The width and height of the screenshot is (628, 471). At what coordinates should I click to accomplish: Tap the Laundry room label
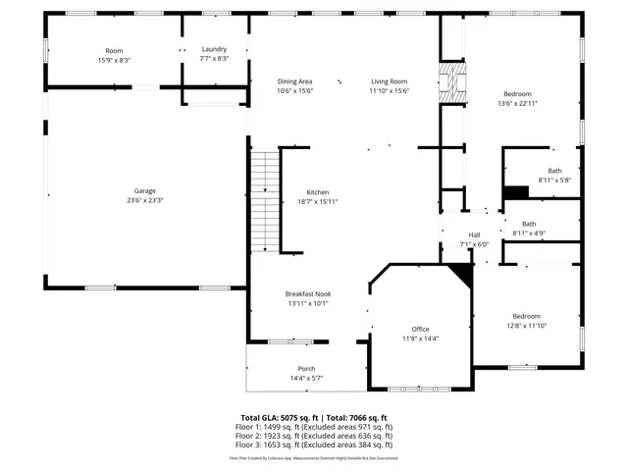click(214, 50)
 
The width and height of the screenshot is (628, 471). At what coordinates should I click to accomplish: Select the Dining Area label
click(294, 81)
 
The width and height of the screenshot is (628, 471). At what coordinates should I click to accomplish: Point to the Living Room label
click(389, 81)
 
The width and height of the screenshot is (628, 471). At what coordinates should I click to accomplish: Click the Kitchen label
click(317, 192)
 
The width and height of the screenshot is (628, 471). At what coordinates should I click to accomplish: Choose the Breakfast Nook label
click(307, 293)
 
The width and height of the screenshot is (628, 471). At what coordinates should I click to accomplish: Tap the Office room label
click(420, 329)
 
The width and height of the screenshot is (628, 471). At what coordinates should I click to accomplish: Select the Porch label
click(307, 369)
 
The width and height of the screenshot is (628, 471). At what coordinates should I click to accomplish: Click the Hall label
click(474, 235)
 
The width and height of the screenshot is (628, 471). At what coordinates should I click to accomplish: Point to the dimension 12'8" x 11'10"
click(526, 326)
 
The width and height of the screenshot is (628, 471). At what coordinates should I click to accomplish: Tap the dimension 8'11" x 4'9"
click(529, 233)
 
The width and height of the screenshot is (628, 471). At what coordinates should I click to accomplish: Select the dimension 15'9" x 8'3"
click(114, 60)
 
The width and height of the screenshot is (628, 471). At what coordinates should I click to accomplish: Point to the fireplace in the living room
click(451, 83)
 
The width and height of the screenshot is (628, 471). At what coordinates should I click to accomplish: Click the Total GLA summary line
click(314, 417)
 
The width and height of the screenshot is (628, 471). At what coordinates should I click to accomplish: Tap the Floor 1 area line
click(314, 427)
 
